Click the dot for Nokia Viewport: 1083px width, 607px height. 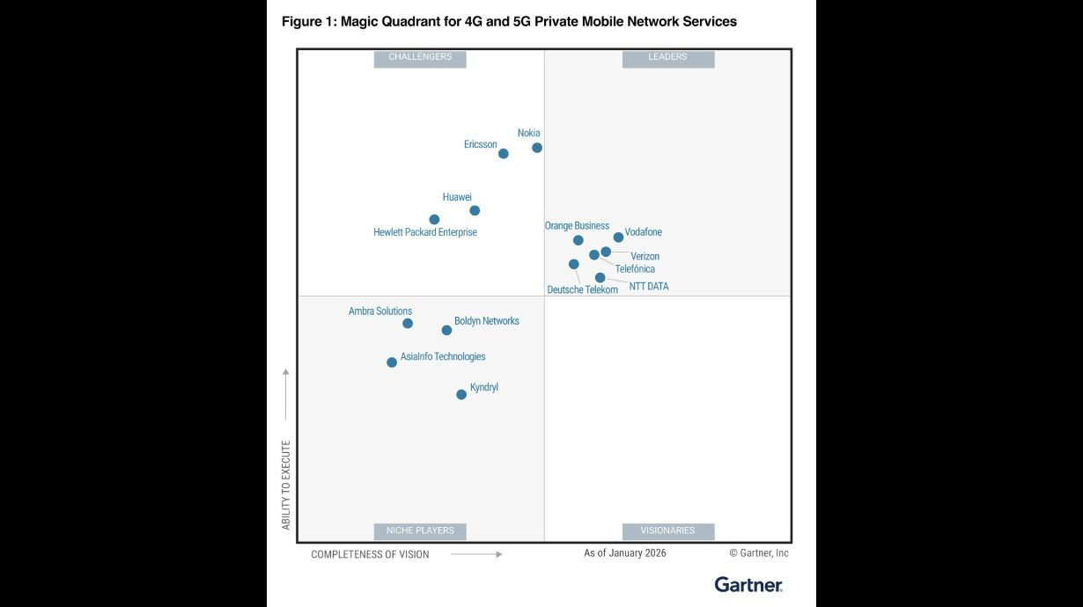coord(537,148)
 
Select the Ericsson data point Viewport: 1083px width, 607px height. coord(504,154)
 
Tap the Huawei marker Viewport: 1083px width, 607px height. coord(475,210)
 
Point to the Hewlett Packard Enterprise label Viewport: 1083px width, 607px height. coord(425,233)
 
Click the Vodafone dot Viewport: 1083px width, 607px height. coord(618,238)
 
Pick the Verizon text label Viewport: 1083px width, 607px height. coord(645,257)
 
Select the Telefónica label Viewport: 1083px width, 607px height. coord(635,269)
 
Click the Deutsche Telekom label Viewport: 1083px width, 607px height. coord(582,290)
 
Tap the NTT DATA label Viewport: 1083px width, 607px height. coord(649,287)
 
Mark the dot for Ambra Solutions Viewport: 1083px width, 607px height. coord(408,324)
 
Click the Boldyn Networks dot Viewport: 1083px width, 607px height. coord(446,331)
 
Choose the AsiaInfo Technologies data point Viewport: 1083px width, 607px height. coord(392,362)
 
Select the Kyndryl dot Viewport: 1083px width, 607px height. coord(461,395)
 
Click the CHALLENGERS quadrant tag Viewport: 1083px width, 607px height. coord(420,58)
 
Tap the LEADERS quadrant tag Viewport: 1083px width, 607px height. coord(668,58)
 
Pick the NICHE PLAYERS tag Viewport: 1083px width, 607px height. coord(420,531)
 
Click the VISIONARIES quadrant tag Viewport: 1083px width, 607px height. coord(668,531)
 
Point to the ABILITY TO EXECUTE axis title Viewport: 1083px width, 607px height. coord(286,485)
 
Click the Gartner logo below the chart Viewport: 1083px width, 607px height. coord(748,585)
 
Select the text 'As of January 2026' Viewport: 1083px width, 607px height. coord(625,553)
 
